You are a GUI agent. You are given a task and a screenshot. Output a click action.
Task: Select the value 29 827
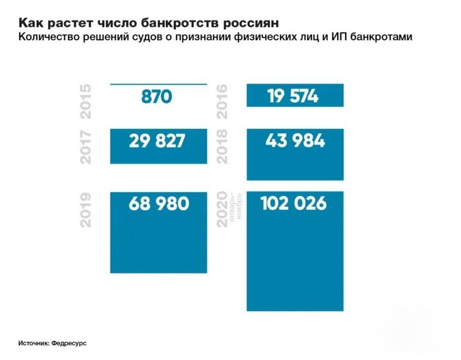157,141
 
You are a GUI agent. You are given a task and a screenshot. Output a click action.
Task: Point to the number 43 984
295,141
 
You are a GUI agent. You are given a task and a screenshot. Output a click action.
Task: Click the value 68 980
158,203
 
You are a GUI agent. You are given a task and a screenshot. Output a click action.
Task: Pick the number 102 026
294,203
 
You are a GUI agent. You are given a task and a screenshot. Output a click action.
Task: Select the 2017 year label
86,147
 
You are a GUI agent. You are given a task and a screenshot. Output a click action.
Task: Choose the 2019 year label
86,211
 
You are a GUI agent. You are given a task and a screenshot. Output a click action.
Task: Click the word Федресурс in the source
71,344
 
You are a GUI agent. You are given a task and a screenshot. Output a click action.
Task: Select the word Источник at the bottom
33,344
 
